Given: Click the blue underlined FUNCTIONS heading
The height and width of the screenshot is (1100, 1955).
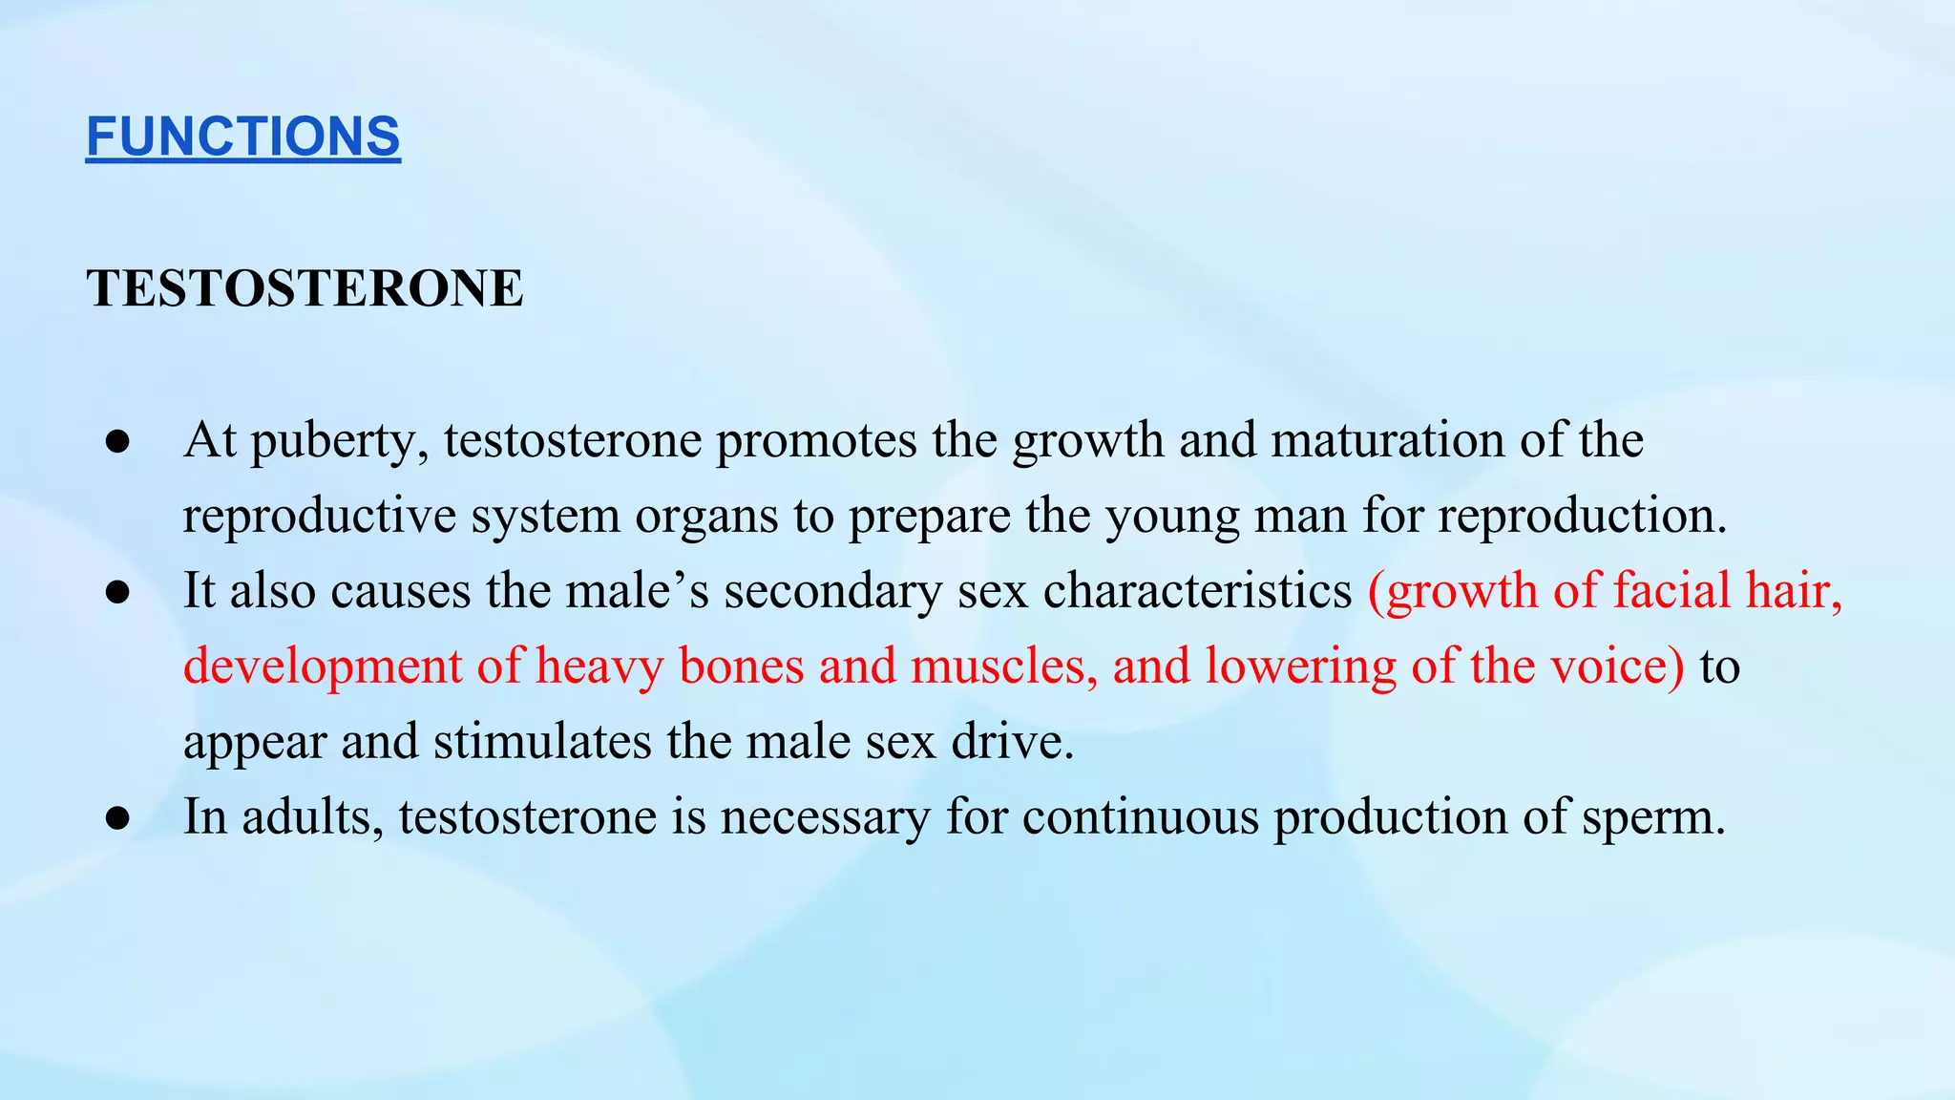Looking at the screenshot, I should coord(243,137).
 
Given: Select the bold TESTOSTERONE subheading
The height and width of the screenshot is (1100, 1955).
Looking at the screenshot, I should coord(305,288).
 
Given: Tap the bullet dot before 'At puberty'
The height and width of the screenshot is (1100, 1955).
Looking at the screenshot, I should coord(118,442).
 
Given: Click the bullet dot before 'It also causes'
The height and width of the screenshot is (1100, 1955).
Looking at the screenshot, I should coord(118,593).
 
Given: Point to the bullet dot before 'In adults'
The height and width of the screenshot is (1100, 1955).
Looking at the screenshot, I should coord(118,818).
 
